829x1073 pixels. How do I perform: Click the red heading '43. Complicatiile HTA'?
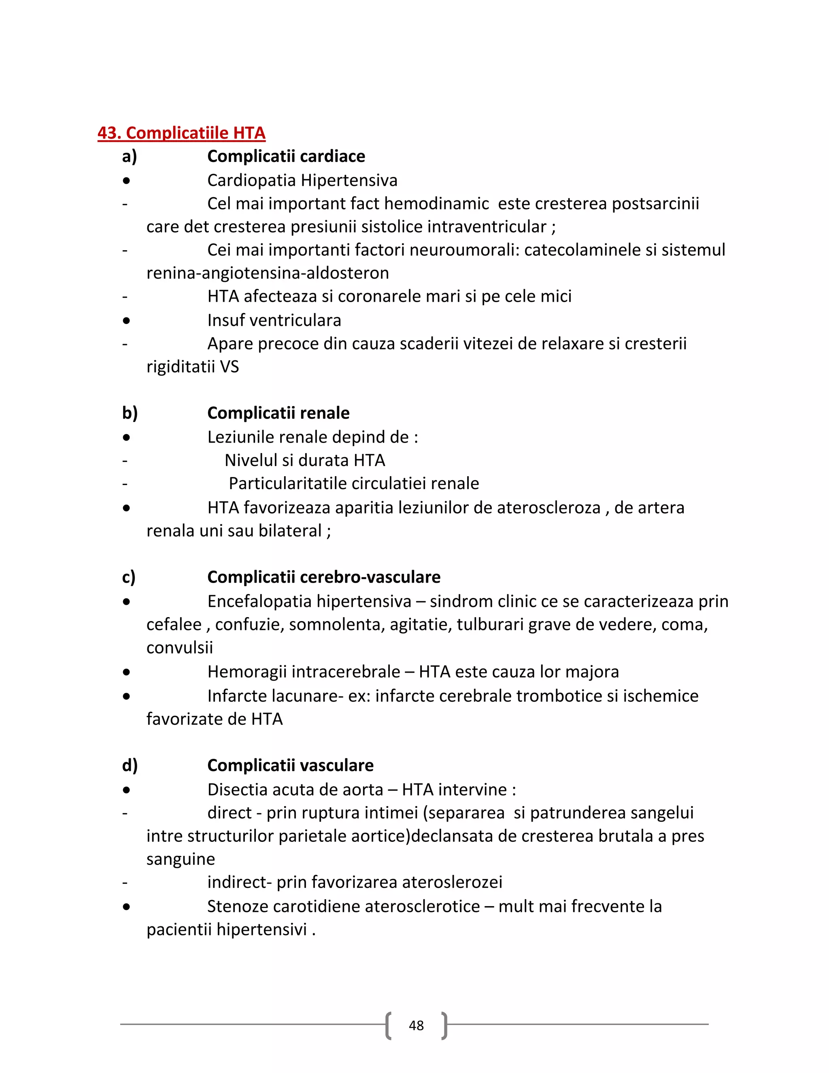181,133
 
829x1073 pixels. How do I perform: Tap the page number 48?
416,1025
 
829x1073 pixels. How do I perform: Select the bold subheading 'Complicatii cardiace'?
286,156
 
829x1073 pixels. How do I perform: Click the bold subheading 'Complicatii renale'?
278,413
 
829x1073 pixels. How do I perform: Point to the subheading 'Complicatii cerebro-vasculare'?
324,577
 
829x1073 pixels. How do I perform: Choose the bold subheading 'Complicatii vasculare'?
290,765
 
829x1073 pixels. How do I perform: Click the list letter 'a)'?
129,156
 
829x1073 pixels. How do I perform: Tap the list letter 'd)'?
130,765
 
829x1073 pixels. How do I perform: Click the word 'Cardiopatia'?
251,180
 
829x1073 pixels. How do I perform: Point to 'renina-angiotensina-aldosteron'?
267,273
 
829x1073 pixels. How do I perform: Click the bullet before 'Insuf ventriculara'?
127,321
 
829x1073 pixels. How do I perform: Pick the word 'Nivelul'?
251,460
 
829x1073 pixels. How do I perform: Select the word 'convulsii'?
179,647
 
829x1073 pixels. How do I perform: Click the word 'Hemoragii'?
247,672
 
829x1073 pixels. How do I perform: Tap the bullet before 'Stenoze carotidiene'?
127,907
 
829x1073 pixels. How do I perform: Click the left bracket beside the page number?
389,1025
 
